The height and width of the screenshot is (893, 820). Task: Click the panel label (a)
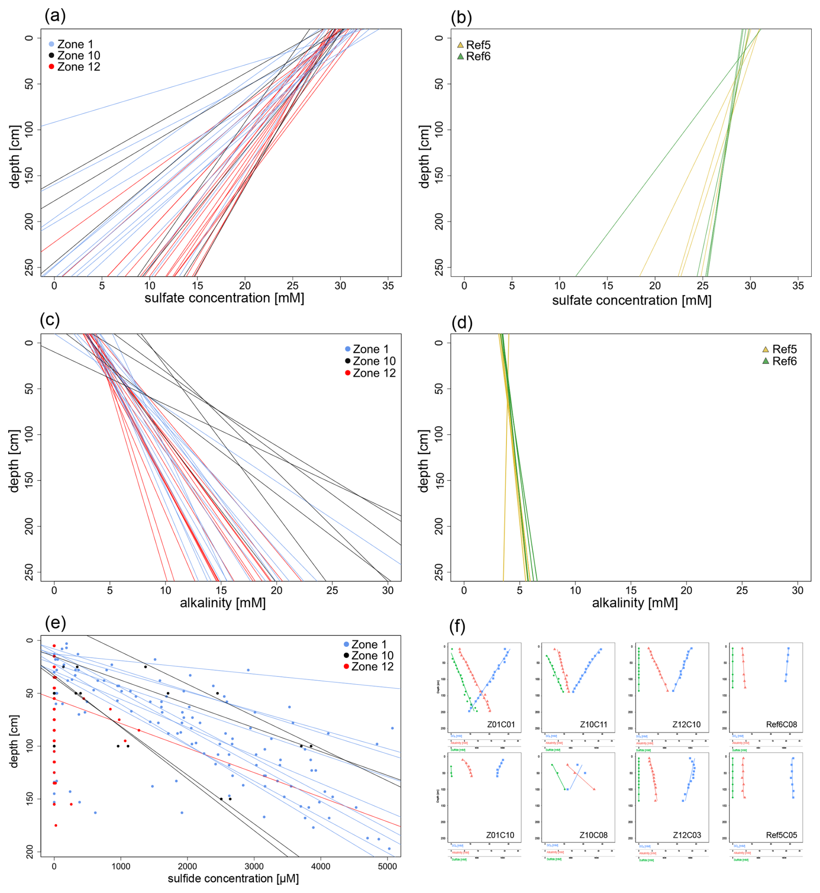55,16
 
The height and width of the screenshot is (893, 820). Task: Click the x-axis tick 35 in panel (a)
388,286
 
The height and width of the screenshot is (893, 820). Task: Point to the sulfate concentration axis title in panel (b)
631,300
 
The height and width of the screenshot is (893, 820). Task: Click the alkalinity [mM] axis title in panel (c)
223,603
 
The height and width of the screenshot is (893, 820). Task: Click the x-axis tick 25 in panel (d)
742,591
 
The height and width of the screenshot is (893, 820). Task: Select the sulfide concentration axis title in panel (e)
233,878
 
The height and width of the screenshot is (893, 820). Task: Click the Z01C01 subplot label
501,724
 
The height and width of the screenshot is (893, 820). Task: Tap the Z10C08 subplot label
594,835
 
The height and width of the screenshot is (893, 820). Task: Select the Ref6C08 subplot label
781,724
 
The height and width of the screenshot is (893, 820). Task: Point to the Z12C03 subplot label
687,835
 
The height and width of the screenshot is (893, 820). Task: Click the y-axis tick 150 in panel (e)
29,799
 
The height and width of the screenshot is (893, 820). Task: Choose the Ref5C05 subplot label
781,835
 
